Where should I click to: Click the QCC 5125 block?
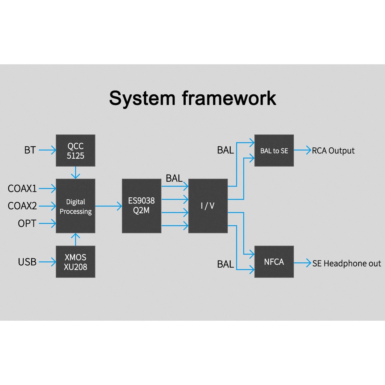pyautogui.click(x=76, y=150)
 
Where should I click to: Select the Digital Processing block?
pyautogui.click(x=76, y=206)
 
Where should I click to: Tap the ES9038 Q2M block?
pyautogui.click(x=141, y=206)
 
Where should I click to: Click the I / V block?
pyautogui.click(x=208, y=206)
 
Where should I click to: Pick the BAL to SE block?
pyautogui.click(x=274, y=150)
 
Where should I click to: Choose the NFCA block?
pyautogui.click(x=274, y=262)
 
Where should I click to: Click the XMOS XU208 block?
pyautogui.click(x=76, y=262)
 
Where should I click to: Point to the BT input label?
pyautogui.click(x=30, y=150)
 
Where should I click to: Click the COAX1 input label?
pyautogui.click(x=22, y=188)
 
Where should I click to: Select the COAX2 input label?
pyautogui.click(x=22, y=206)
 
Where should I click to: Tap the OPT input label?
pyautogui.click(x=27, y=224)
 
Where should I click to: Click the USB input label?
pyautogui.click(x=27, y=262)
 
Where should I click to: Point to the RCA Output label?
pyautogui.click(x=333, y=151)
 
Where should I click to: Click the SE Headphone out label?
pyautogui.click(x=347, y=264)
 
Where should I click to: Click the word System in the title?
pyautogui.click(x=142, y=99)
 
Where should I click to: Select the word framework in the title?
pyautogui.click(x=229, y=98)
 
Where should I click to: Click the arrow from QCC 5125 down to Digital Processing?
pyautogui.click(x=76, y=173)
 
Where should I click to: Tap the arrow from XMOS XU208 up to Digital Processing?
pyautogui.click(x=76, y=239)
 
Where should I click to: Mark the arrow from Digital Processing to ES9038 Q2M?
pyautogui.click(x=109, y=206)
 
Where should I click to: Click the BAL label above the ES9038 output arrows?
pyautogui.click(x=174, y=179)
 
